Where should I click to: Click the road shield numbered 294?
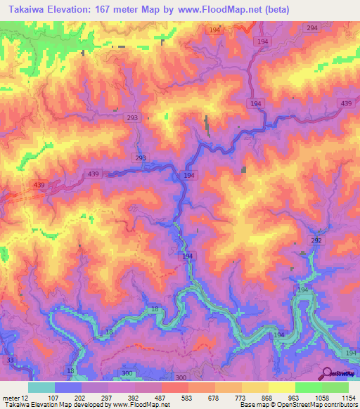point(312,27)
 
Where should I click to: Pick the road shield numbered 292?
point(316,240)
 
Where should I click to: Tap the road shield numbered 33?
point(10,360)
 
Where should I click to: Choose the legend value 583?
point(187,397)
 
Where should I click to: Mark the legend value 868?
point(268,397)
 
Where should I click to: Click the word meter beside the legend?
point(10,397)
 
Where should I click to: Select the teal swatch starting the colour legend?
point(41,387)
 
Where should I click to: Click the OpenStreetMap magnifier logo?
point(326,373)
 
